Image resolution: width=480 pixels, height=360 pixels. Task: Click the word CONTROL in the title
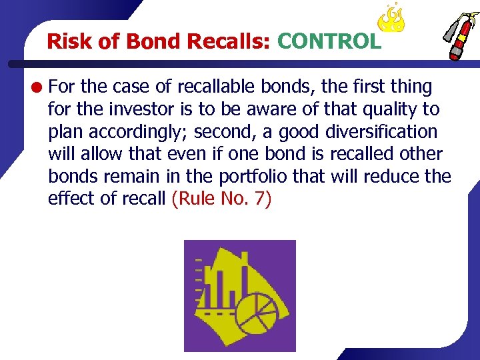[x=329, y=41]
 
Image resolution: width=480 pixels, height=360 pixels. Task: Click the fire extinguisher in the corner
[x=457, y=37]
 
